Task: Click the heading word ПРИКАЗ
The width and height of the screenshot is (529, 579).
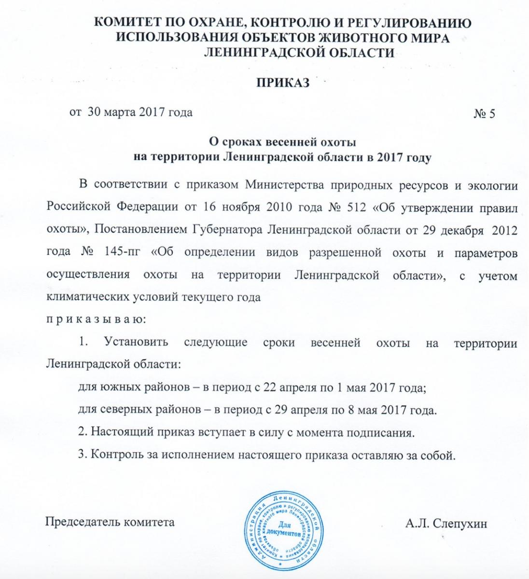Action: coord(281,83)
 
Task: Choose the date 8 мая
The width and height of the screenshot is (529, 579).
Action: coord(367,410)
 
